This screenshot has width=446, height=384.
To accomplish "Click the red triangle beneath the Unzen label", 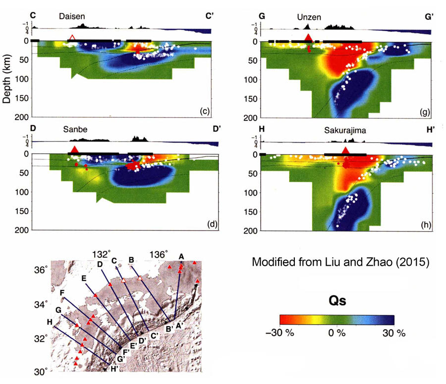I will pyautogui.click(x=308, y=37).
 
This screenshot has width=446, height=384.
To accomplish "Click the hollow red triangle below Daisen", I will pyautogui.click(x=73, y=37).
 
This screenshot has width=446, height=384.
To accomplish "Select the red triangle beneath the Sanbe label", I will pyautogui.click(x=74, y=149).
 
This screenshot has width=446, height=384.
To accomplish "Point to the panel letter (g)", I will pyautogui.click(x=424, y=112).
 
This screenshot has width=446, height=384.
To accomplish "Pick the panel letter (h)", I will pyautogui.click(x=424, y=224).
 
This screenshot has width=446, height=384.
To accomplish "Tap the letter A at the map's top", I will pyautogui.click(x=181, y=256).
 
